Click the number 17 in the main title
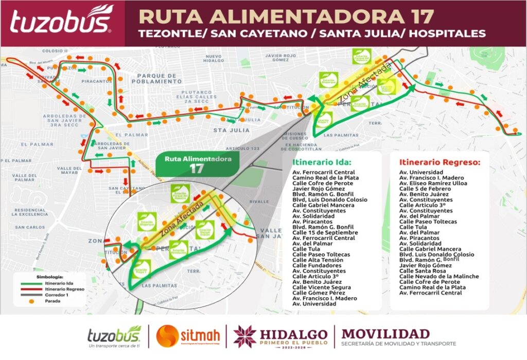(418, 15)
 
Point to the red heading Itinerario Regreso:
(440, 162)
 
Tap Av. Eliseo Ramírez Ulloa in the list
(434, 183)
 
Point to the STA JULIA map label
(227, 130)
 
